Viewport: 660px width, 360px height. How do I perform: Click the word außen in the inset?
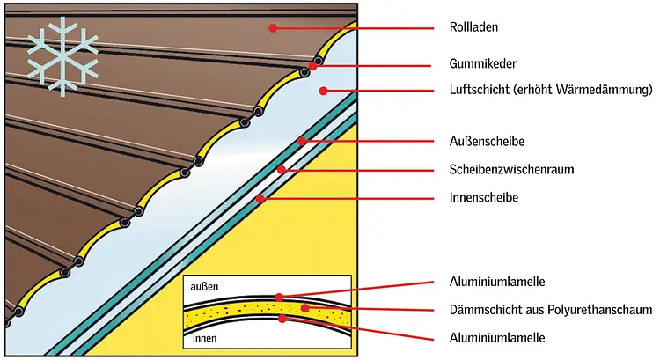[204, 287]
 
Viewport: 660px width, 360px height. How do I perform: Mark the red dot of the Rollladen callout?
[274, 28]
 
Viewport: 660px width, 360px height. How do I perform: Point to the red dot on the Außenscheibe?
[302, 141]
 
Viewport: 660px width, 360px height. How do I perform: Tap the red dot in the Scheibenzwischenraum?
[281, 169]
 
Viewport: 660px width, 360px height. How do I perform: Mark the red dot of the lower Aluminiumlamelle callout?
[282, 319]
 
